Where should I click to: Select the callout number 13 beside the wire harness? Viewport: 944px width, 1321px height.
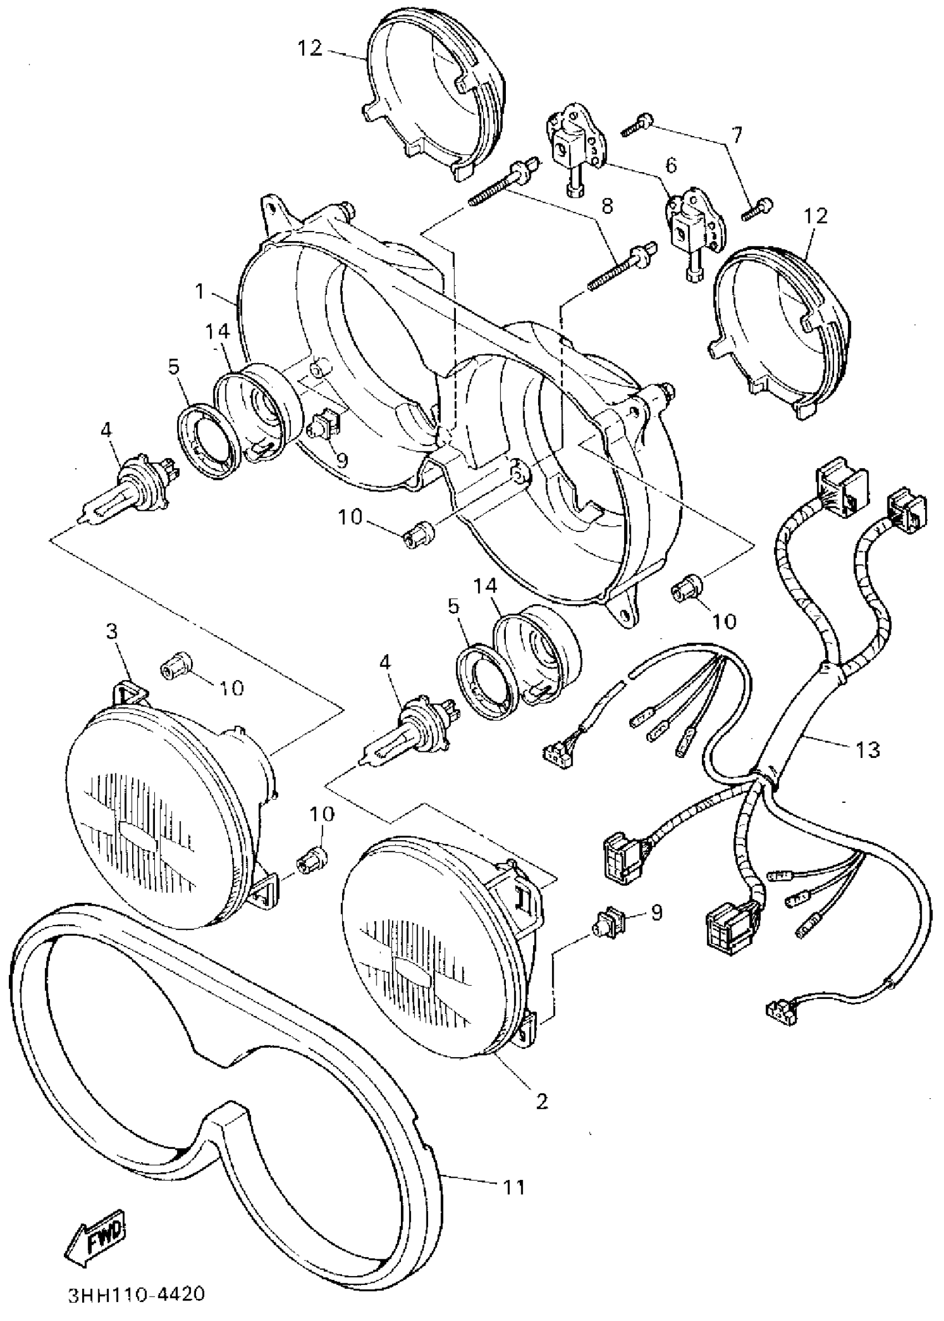point(868,749)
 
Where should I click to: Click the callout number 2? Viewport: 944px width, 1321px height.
point(541,1101)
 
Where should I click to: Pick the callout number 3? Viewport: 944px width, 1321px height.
point(112,631)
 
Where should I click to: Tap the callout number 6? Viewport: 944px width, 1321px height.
point(671,165)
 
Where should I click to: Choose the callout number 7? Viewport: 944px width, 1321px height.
point(736,135)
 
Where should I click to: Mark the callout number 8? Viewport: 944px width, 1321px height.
point(607,206)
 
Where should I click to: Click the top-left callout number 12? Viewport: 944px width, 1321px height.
point(310,48)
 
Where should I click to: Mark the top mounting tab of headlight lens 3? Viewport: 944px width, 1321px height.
point(128,691)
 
